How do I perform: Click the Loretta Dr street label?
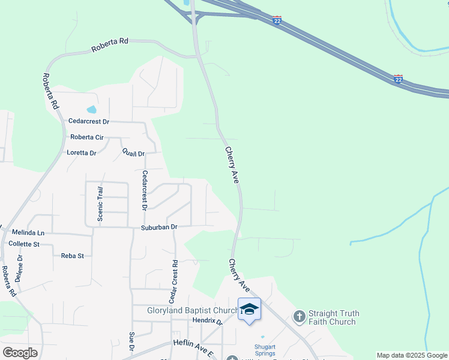tap(82, 153)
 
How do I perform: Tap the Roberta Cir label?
tap(87, 137)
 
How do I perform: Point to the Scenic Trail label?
tap(101, 203)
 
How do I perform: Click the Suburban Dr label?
tap(159, 227)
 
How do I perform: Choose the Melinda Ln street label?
tap(28, 233)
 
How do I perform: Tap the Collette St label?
tap(24, 244)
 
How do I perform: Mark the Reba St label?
tap(72, 256)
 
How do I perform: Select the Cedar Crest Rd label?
tap(175, 280)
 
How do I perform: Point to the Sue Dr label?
tap(131, 340)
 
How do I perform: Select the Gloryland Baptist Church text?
tap(193, 311)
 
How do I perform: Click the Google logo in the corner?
tap(20, 353)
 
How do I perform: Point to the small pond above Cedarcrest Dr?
tap(91, 109)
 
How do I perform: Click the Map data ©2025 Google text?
tap(412, 355)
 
